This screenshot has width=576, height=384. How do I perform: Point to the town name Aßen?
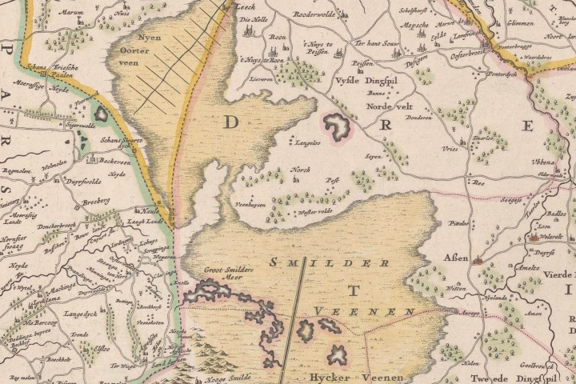click(x=454, y=259)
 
